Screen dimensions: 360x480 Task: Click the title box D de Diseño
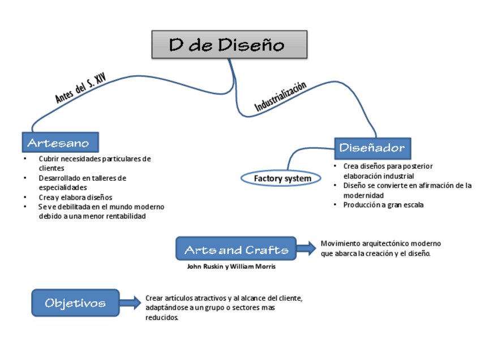tap(229, 45)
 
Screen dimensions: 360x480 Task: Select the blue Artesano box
tap(60, 143)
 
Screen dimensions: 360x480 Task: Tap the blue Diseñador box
tap(372, 148)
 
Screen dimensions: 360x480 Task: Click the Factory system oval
tap(282, 179)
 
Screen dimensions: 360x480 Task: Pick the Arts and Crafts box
tap(236, 250)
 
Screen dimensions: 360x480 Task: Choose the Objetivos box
tap(75, 303)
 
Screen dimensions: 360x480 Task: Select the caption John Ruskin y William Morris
tap(231, 267)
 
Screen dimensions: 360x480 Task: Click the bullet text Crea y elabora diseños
tap(75, 197)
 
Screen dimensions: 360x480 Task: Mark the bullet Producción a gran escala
tap(383, 205)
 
